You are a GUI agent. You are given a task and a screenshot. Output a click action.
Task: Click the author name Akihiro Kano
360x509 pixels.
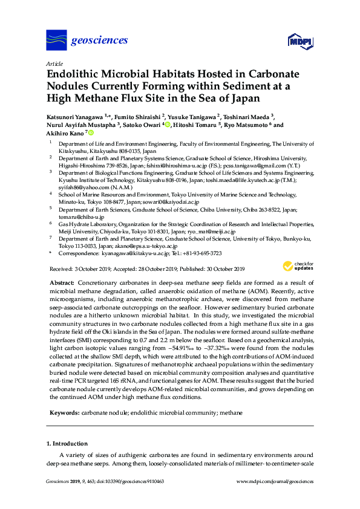pyautogui.click(x=65, y=132)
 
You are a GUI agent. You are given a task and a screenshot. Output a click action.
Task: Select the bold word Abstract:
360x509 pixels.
pyautogui.click(x=62, y=283)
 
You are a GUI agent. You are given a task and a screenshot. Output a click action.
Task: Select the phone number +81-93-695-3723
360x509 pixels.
pyautogui.click(x=203, y=253)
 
